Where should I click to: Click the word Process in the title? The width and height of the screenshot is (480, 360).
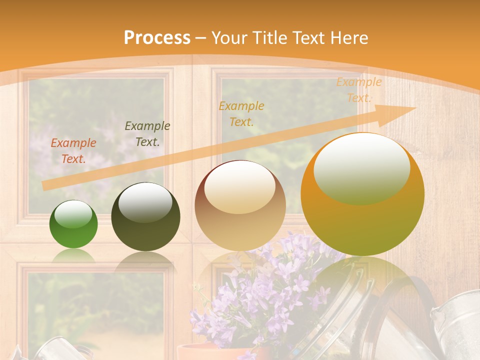[x=157, y=38]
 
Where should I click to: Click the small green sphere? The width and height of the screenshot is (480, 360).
[x=73, y=224]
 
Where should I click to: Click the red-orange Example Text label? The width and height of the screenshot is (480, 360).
[x=73, y=151]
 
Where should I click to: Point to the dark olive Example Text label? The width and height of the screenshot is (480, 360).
[x=147, y=134]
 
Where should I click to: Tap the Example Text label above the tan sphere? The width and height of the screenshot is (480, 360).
[x=241, y=113]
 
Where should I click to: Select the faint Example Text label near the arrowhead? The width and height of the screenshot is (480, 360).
[x=358, y=90]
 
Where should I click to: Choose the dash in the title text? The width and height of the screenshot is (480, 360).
[x=201, y=38]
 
